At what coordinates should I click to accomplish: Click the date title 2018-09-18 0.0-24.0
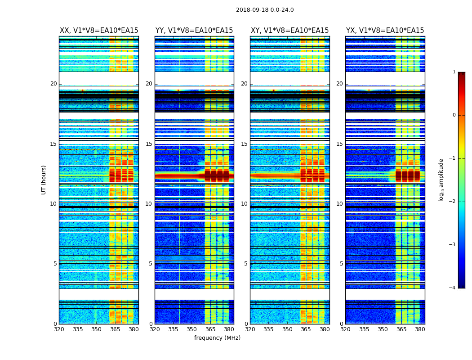265,10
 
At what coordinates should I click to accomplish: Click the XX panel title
99,31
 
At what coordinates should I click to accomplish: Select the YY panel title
194,31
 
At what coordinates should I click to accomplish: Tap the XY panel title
289,31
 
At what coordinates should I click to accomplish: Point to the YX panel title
385,31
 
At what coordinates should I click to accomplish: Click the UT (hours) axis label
44,180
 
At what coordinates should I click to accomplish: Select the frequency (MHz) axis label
217,338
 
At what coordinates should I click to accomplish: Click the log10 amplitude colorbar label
441,180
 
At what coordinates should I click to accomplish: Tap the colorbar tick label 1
454,72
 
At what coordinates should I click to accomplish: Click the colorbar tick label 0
454,115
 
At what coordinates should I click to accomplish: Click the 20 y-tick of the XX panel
53,84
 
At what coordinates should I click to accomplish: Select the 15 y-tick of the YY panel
149,144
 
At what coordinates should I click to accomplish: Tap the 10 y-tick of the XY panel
244,204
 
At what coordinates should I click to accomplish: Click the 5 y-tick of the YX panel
341,264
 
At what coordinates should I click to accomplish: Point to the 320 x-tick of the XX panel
59,329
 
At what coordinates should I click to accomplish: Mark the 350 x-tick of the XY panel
287,329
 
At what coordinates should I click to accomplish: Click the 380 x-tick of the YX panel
420,329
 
